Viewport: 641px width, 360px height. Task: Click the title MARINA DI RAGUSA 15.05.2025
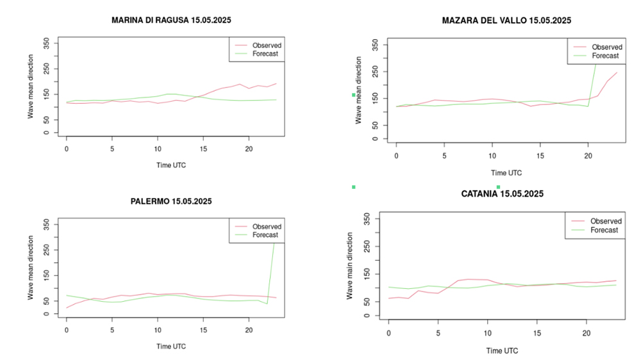pos(171,20)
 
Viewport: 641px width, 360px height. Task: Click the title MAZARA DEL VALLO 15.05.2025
pos(506,20)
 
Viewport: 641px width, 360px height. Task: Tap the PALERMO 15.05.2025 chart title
pos(171,201)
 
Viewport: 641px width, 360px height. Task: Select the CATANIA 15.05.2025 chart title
pos(502,193)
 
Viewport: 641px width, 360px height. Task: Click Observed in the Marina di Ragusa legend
pos(267,45)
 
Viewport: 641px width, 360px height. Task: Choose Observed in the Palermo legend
pos(267,226)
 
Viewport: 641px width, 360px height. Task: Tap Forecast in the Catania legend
pos(604,230)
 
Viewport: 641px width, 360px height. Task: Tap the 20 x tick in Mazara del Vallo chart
pos(588,156)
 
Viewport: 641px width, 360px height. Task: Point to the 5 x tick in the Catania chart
pos(438,334)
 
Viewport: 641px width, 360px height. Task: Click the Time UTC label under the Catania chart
pos(502,350)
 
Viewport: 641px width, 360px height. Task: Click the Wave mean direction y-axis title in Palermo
pos(31,268)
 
